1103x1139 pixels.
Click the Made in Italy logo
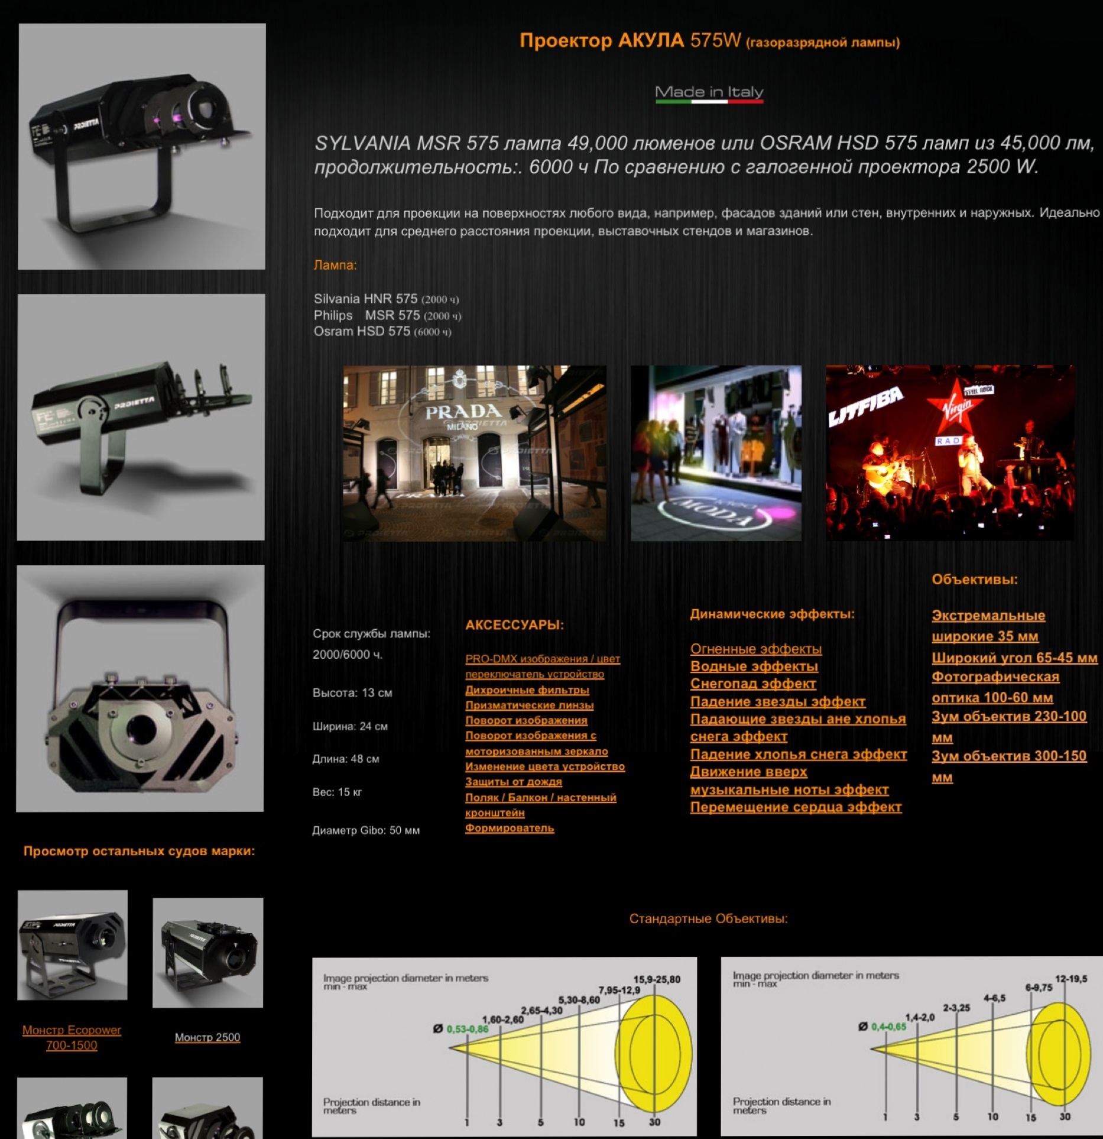pos(709,94)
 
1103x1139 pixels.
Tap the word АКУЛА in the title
pos(651,41)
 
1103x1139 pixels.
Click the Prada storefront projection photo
pos(475,453)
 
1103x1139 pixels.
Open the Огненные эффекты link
pos(756,649)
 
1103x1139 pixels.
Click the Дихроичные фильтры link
pos(527,690)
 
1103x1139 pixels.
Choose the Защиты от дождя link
pos(513,782)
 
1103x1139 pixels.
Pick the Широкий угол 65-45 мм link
pos(1014,658)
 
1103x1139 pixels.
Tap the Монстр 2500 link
pos(207,1037)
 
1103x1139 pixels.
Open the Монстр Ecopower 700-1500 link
pos(72,1037)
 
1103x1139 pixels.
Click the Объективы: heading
pos(975,580)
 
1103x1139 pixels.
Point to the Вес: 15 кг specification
pos(337,792)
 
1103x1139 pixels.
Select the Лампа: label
pos(335,265)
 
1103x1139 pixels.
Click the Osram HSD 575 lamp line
pos(382,332)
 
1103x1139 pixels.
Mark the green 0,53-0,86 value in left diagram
pos(467,1029)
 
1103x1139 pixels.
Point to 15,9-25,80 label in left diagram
pos(657,979)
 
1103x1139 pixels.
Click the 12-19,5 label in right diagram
pos(1071,979)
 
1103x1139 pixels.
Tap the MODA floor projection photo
pos(716,453)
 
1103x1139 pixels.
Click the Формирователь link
pos(510,828)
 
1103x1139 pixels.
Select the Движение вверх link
pos(748,772)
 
